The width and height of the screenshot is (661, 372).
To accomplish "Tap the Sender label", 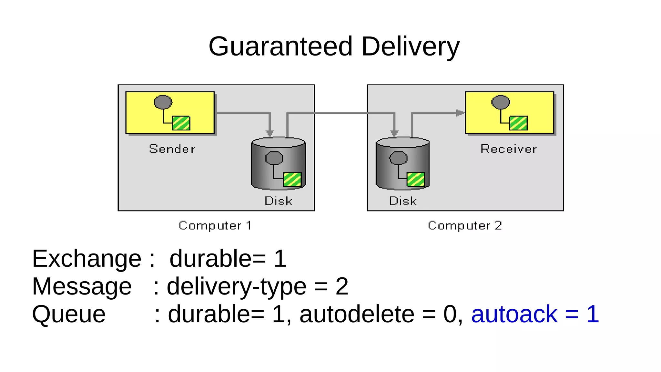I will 172,149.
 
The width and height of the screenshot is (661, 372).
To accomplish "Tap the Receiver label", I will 508,149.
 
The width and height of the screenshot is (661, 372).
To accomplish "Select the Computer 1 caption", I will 215,225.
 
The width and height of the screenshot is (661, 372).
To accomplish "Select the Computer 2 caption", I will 465,225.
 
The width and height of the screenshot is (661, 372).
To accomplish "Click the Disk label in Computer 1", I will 278,201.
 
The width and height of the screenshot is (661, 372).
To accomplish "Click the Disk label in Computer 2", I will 403,201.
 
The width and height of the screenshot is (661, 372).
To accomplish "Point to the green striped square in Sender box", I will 181,123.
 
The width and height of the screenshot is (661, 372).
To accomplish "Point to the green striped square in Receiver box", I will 518,123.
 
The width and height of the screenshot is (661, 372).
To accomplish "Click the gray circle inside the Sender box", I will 163,102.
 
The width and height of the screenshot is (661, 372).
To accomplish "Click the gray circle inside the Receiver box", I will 501,102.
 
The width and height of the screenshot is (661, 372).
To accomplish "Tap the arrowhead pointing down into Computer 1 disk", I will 270,133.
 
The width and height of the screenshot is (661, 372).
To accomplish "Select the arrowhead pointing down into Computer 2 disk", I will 394,133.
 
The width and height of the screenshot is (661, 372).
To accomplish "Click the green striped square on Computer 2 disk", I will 416,180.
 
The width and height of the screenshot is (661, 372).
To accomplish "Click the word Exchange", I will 86,259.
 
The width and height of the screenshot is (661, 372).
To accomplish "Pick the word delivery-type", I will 236,286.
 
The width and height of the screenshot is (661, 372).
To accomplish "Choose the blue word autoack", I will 514,314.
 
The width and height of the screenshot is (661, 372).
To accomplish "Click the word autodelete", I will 357,314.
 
